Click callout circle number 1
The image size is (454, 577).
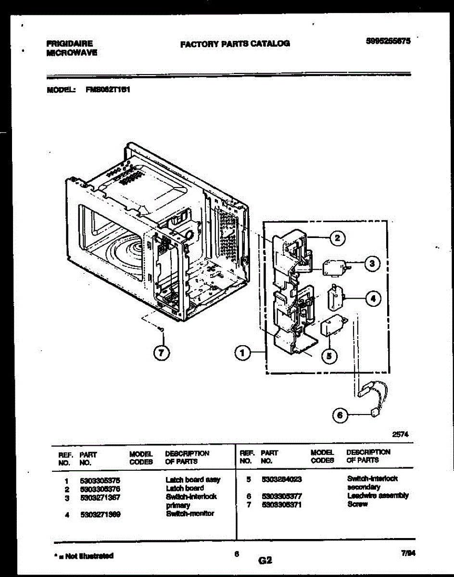tap(242, 353)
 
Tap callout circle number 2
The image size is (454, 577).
tap(338, 238)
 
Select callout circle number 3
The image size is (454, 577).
tap(371, 263)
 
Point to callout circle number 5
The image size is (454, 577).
tap(329, 355)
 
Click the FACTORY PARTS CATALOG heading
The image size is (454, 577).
tap(235, 43)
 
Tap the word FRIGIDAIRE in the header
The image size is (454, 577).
tap(69, 43)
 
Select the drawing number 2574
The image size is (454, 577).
tap(400, 433)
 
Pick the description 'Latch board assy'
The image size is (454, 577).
tap(192, 480)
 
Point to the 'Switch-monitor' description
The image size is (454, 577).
tap(189, 514)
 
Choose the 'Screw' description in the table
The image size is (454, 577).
tap(357, 504)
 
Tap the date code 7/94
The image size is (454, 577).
tap(408, 553)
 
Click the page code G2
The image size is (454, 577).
tap(265, 560)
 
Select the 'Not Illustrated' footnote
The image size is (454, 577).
tap(85, 556)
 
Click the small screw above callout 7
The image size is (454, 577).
tap(162, 329)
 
